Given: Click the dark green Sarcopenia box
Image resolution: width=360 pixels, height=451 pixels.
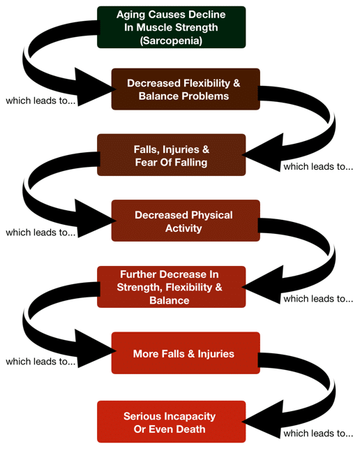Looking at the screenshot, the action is coord(172,27).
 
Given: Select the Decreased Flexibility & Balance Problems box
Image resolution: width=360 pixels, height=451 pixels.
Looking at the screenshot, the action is coord(186,89).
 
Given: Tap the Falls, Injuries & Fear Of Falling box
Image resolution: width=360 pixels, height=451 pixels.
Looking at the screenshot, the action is coord(172,155).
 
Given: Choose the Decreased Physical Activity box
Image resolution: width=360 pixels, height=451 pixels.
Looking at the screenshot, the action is coord(186,221).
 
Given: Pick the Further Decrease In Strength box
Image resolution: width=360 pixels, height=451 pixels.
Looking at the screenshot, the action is coord(172,287).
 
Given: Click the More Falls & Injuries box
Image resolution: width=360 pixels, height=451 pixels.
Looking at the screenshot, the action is coord(186,353).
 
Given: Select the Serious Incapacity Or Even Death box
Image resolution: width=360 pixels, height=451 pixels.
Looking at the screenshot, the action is coord(172,422).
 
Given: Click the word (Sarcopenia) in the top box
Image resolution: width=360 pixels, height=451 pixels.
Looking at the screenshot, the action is coord(171,40).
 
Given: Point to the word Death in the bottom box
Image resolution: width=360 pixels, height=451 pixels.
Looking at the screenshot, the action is coord(190,429).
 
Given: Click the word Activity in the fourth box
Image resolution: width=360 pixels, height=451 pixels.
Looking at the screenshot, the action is coord(183,228).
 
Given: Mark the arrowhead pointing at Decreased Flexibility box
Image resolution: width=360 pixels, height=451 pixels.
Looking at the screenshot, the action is coord(95,87).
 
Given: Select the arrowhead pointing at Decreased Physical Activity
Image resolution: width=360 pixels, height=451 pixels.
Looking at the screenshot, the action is coord(95,219).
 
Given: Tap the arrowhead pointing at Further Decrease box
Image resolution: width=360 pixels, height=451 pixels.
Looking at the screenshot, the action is coord(262,285).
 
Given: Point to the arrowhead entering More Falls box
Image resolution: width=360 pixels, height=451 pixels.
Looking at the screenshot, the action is coord(95,348).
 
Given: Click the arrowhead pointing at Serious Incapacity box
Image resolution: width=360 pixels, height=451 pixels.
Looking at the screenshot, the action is coord(262,420).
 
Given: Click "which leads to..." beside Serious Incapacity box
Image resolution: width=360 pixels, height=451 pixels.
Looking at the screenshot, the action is coord(318,433).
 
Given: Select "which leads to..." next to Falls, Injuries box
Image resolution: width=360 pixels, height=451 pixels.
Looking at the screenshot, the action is coord(318,166).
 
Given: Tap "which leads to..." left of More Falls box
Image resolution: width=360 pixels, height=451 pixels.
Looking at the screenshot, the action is coord(40,361).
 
